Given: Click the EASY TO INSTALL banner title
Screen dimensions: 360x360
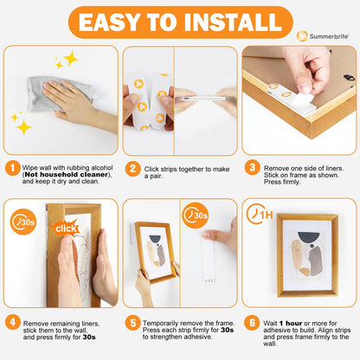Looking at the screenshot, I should (x=179, y=22).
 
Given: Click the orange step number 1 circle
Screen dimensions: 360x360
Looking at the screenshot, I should (x=11, y=168).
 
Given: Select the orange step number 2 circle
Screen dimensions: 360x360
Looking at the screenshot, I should (x=132, y=168).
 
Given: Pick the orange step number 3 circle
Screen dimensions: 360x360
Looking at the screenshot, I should (x=251, y=168).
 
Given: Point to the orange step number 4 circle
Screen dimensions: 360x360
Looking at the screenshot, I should (x=11, y=321).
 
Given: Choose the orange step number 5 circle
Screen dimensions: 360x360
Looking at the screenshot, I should (x=132, y=321).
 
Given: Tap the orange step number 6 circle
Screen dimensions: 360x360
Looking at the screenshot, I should (x=251, y=321).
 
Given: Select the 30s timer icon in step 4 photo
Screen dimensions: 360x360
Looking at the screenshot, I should (x=23, y=223).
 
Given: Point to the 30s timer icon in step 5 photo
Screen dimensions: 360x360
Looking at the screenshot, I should (x=196, y=214).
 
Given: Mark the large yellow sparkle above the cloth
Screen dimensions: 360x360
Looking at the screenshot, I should (x=69, y=58).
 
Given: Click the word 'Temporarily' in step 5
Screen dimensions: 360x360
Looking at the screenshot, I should (x=164, y=319).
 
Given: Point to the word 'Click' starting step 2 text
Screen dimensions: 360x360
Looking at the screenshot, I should (x=152, y=166).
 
